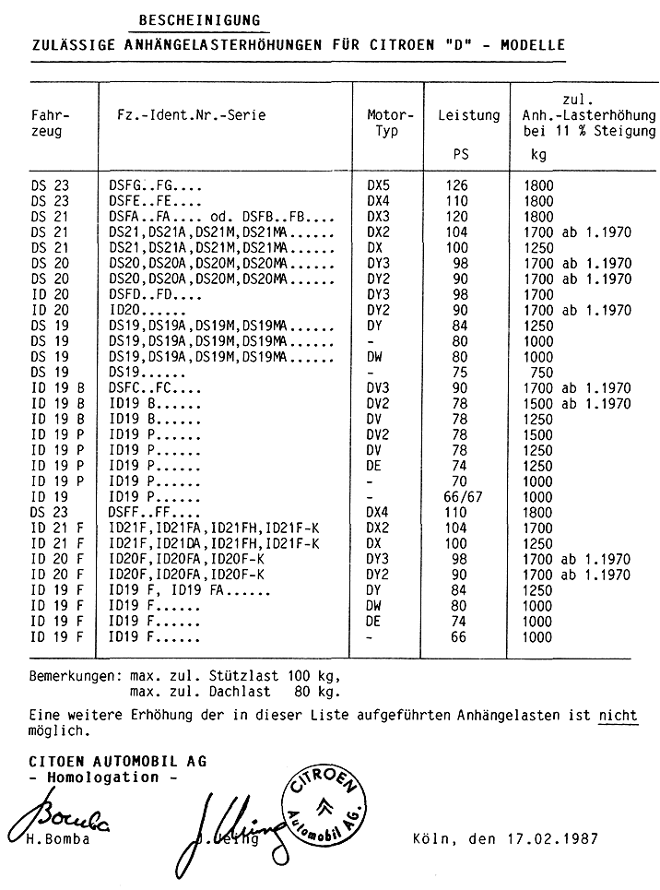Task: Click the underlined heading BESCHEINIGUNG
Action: click(198, 19)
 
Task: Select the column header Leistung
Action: click(468, 115)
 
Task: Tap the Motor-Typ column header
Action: click(387, 124)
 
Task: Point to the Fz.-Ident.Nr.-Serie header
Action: click(191, 115)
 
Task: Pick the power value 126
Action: click(456, 185)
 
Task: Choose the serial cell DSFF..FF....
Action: click(155, 512)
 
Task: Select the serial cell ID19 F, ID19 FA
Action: click(171, 589)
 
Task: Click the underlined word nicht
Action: click(618, 715)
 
